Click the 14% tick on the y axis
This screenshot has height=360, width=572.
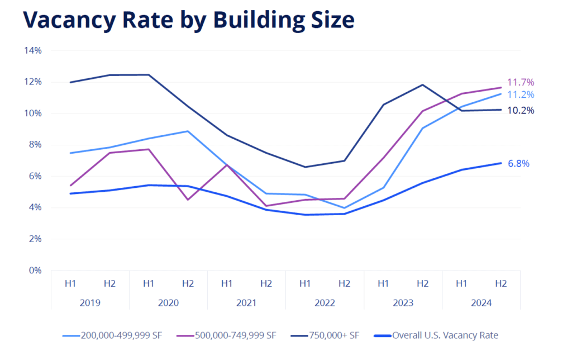pos(33,51)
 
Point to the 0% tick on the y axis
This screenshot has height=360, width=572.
pos(35,271)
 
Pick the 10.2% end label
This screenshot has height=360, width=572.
pos(520,111)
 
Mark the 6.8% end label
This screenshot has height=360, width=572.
pos(518,164)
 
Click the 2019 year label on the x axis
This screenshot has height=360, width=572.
pos(90,302)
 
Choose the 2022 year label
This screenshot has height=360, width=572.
pos(325,302)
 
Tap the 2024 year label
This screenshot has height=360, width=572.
pos(481,302)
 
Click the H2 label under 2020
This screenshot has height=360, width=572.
pos(188,283)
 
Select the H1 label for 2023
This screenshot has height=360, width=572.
pos(383,283)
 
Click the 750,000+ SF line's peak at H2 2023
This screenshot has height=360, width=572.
pos(422,85)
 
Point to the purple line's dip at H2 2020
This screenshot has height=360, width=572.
pos(188,200)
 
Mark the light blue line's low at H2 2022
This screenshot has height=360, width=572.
pos(344,208)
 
